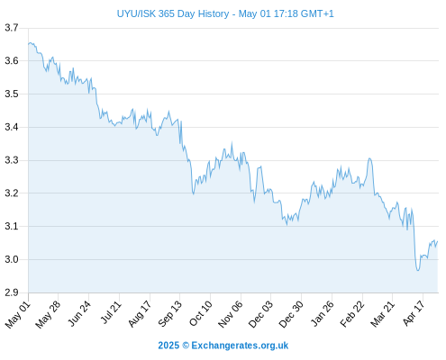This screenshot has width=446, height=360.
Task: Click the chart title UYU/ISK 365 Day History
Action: (x=173, y=13)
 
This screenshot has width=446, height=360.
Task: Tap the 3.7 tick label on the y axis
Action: (x=12, y=28)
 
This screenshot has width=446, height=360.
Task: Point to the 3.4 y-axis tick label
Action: (x=12, y=127)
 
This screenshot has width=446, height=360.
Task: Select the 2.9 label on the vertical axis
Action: (x=12, y=292)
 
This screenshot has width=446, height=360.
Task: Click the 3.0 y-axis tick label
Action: (x=12, y=259)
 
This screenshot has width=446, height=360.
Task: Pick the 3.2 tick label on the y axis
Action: (x=12, y=193)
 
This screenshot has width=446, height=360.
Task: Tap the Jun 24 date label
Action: (x=79, y=313)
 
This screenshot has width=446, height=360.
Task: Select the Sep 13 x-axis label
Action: (x=170, y=313)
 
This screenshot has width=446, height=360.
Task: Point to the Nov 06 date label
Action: (x=231, y=314)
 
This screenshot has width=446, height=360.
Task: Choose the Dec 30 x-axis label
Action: (x=291, y=314)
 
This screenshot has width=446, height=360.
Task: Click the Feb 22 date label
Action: (x=352, y=314)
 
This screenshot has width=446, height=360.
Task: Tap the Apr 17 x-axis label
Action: (x=414, y=313)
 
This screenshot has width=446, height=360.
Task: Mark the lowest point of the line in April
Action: (x=418, y=271)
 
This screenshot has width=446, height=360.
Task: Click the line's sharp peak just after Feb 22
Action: (x=369, y=158)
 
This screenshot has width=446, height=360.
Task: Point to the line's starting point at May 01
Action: (x=29, y=44)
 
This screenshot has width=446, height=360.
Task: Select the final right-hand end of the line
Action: (x=438, y=241)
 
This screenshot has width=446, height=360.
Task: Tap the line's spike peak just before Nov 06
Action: (x=232, y=143)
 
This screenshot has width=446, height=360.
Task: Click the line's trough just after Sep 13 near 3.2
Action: (x=194, y=194)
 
